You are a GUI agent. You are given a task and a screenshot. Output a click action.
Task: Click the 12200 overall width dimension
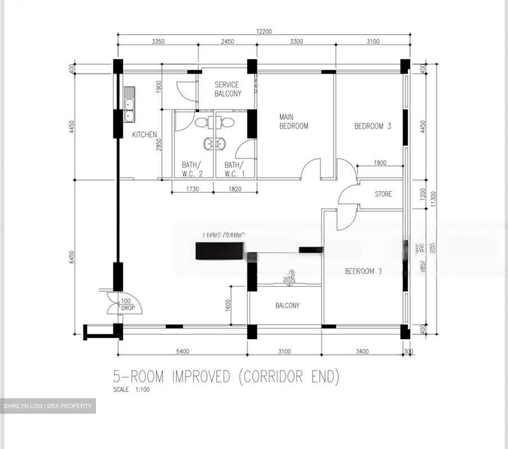pyautogui.click(x=264, y=31)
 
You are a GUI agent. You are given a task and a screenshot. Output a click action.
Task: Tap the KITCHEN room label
pyautogui.click(x=144, y=135)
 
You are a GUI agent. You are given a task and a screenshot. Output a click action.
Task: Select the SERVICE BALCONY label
pyautogui.click(x=228, y=89)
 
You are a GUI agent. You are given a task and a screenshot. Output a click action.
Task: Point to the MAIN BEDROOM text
pyautogui.click(x=293, y=122)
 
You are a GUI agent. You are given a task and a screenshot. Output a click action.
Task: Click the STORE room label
pyautogui.click(x=383, y=194)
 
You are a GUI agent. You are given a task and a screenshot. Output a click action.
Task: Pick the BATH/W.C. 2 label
pyautogui.click(x=192, y=169)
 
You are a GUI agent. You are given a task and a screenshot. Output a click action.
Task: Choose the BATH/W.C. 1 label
pyautogui.click(x=235, y=169)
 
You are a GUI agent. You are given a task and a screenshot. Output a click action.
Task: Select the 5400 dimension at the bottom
pyautogui.click(x=182, y=351)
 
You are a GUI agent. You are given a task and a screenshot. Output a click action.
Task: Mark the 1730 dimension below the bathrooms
pyautogui.click(x=192, y=189)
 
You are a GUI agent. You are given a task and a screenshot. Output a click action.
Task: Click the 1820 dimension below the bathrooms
pyautogui.click(x=235, y=189)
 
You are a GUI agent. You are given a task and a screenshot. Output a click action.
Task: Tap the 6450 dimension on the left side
pyautogui.click(x=72, y=257)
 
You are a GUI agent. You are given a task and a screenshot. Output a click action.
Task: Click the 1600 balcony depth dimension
pyautogui.click(x=228, y=305)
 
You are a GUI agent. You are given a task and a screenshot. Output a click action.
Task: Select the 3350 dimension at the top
pyautogui.click(x=158, y=42)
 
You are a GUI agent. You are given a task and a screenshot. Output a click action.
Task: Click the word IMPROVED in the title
pyautogui.click(x=201, y=377)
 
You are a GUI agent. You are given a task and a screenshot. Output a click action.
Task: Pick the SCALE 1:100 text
pyautogui.click(x=131, y=390)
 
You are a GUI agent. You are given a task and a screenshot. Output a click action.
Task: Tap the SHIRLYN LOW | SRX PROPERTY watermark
pyautogui.click(x=48, y=406)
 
